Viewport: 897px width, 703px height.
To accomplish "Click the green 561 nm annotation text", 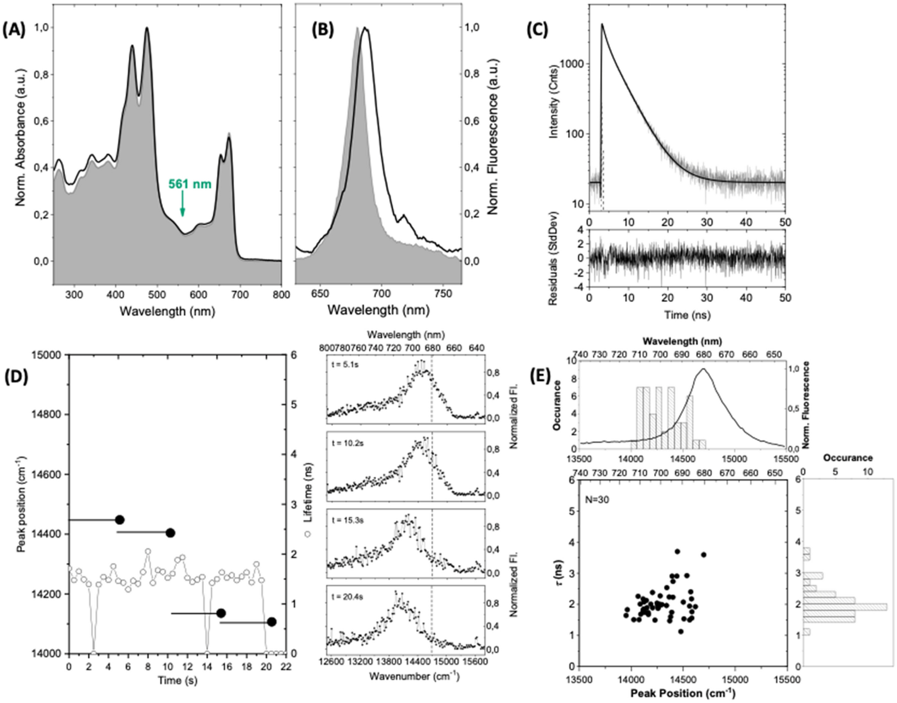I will (x=190, y=184).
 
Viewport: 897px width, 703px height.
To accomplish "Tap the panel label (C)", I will (x=537, y=30).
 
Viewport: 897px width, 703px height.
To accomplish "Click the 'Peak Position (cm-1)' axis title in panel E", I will (x=683, y=693).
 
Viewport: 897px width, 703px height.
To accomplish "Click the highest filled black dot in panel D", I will (x=120, y=520).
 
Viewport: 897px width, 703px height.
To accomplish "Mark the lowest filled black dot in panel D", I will (x=272, y=622).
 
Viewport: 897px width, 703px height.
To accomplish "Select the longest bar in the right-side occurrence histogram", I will (x=845, y=607).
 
